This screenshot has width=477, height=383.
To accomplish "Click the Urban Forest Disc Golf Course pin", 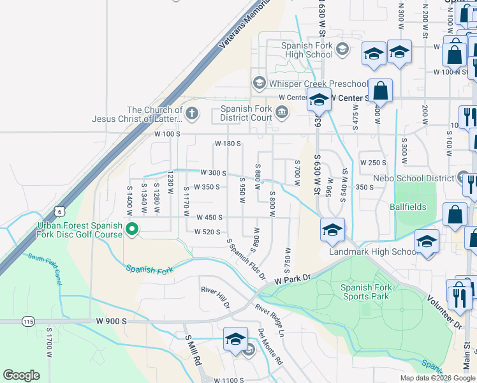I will pyautogui.click(x=133, y=229).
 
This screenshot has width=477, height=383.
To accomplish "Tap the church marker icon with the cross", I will pyautogui.click(x=191, y=114).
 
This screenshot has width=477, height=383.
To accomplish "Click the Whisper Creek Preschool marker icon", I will pyautogui.click(x=260, y=83).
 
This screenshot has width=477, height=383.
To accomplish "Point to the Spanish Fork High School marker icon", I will pyautogui.click(x=342, y=50).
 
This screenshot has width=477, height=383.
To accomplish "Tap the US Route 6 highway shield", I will pyautogui.click(x=59, y=211).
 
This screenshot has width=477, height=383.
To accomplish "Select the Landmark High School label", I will pyautogui.click(x=374, y=252).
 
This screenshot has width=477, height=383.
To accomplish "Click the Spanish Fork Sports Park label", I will pyautogui.click(x=365, y=292).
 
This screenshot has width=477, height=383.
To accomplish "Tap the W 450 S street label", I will pyautogui.click(x=209, y=218).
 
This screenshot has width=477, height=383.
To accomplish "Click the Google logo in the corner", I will pyautogui.click(x=21, y=375).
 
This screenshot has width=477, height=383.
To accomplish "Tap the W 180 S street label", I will pyautogui.click(x=228, y=144).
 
